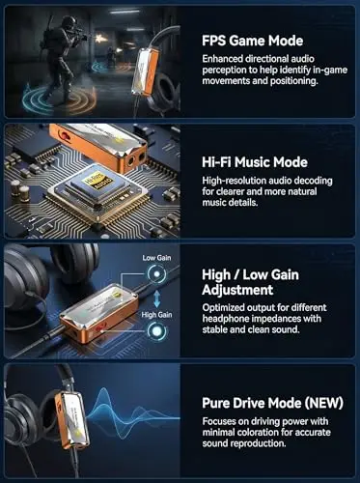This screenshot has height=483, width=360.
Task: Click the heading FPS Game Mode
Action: tap(253, 41)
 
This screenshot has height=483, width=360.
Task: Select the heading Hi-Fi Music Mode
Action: tap(255, 162)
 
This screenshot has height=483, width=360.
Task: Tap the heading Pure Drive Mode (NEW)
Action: tap(273, 403)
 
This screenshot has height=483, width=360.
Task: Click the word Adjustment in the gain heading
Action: tap(237, 290)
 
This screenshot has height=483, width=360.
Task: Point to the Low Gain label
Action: tap(156, 258)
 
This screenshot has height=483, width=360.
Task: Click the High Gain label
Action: tap(156, 315)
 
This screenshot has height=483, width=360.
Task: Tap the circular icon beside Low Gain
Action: tap(156, 274)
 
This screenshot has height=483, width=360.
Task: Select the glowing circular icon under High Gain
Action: tap(156, 331)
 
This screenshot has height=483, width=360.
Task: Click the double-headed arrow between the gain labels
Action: tap(156, 298)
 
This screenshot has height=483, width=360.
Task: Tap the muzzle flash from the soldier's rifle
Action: tap(97, 39)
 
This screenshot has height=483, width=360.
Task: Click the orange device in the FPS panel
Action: tap(146, 71)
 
